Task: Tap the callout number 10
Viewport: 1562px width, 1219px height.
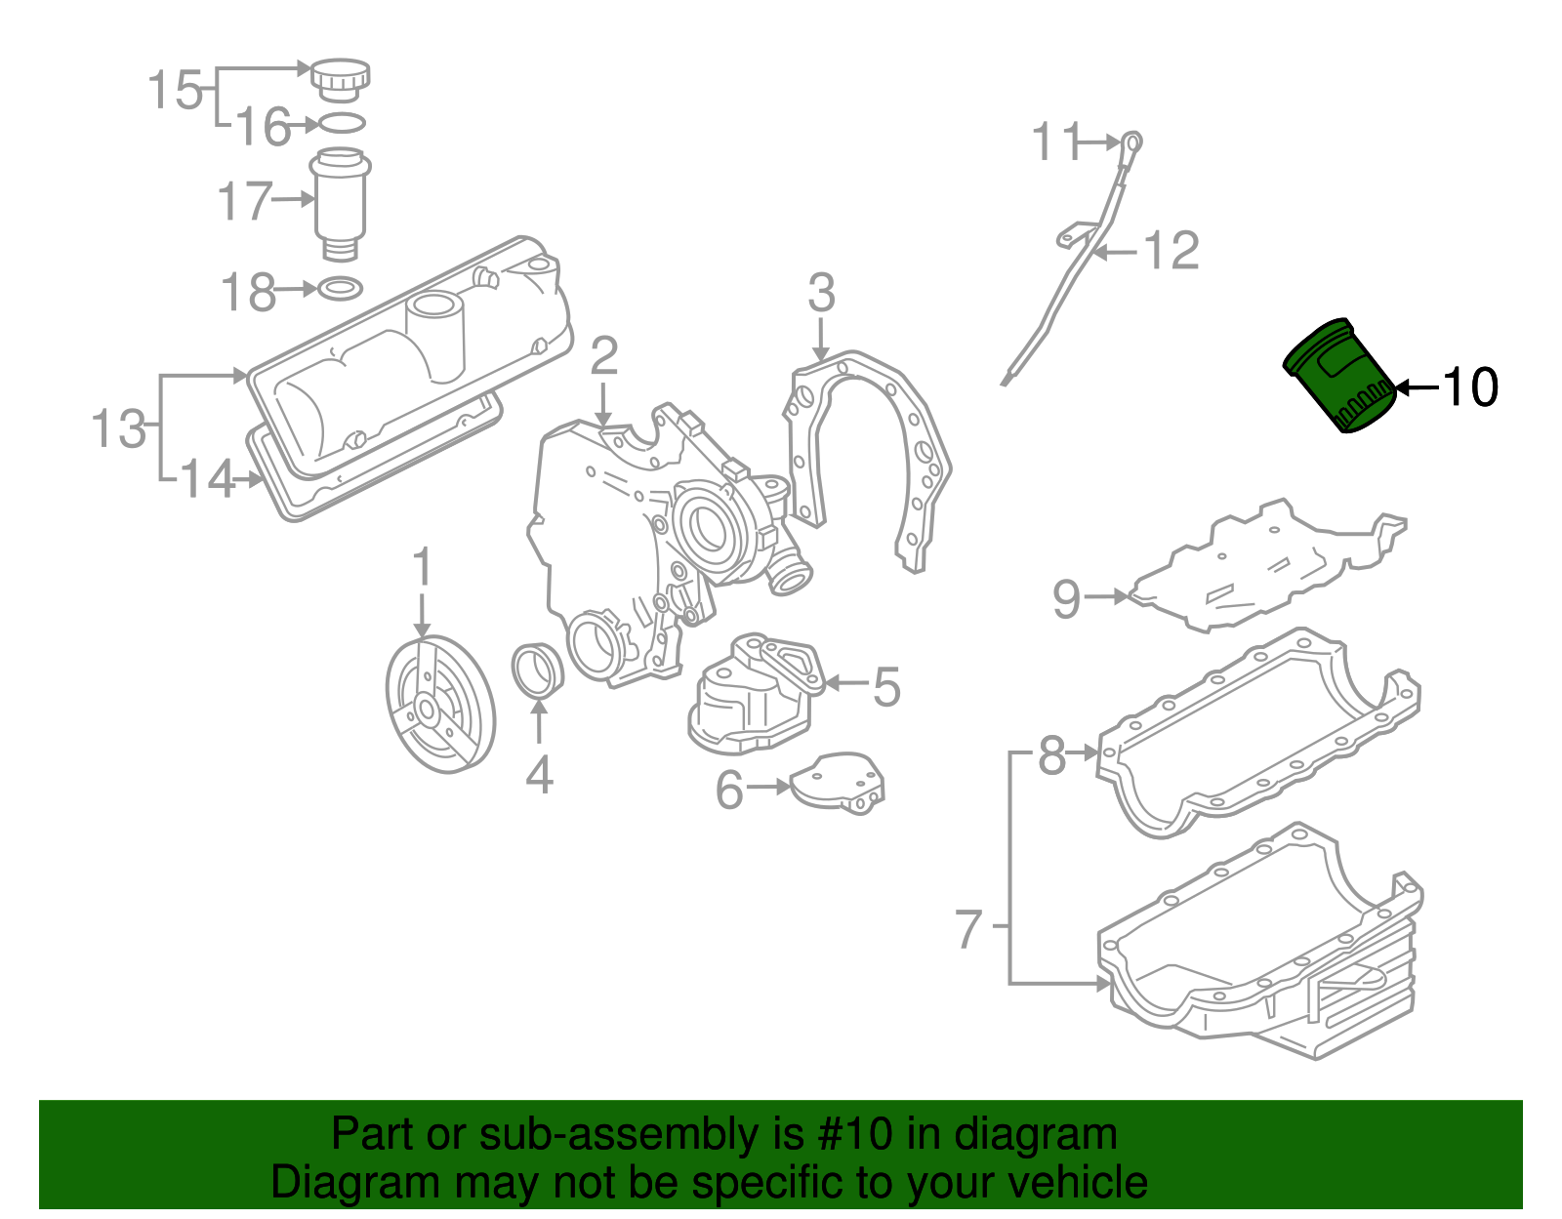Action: (x=1469, y=387)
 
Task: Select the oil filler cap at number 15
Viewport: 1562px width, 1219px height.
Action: (x=341, y=77)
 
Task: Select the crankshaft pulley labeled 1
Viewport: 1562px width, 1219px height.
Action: (x=440, y=704)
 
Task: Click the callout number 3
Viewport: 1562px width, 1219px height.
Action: (x=821, y=293)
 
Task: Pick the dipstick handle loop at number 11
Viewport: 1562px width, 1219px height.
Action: (x=1131, y=142)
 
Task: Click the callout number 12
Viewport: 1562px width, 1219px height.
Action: (x=1171, y=252)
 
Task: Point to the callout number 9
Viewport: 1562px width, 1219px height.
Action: (x=1066, y=598)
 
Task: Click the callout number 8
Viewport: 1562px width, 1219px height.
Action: (x=1051, y=754)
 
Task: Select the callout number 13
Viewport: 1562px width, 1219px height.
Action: (x=118, y=428)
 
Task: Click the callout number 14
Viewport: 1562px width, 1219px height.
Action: (x=208, y=479)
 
